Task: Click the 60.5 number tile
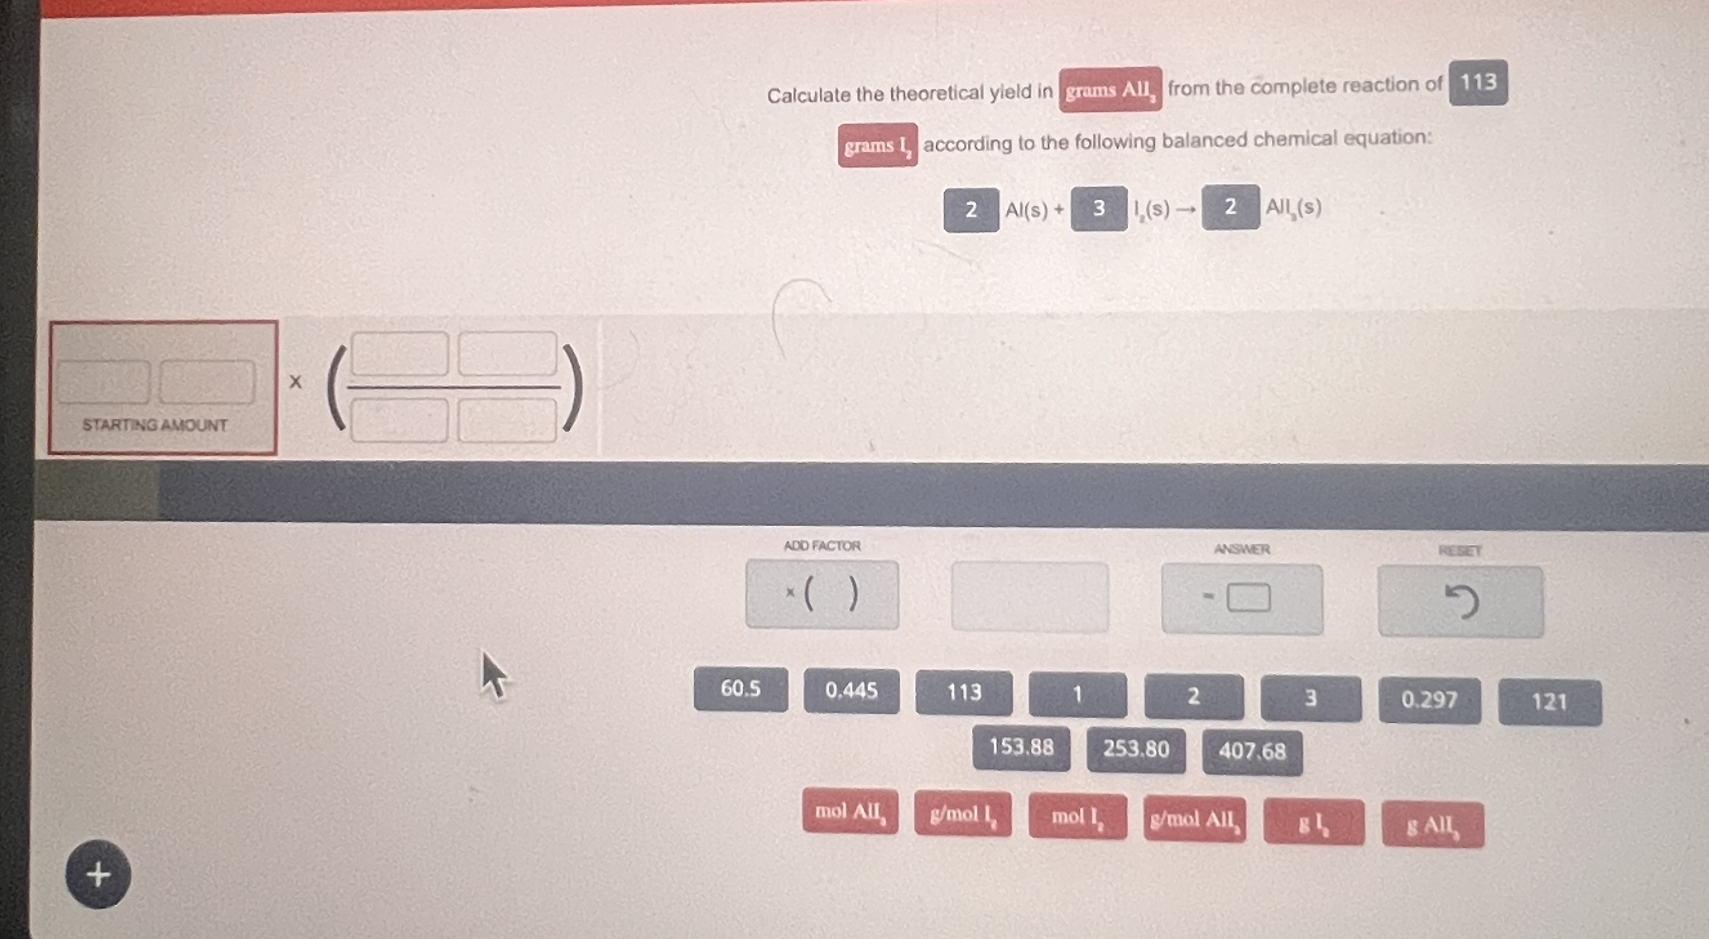[740, 690]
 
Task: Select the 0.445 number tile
[851, 692]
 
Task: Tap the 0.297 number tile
[1429, 700]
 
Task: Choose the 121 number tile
[1549, 702]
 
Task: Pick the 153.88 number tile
[1021, 748]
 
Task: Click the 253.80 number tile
[1136, 750]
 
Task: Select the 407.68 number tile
[1252, 752]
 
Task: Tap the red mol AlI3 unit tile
[850, 811]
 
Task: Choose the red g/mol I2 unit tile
[962, 814]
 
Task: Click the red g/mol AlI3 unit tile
[1194, 820]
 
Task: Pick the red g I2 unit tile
[1313, 823]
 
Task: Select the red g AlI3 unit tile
[1433, 826]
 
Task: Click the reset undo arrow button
[1460, 602]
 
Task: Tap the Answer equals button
[1241, 598]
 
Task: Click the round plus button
[98, 874]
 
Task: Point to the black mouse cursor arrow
[493, 673]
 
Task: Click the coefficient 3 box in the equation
[1099, 208]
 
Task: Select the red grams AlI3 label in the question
[1110, 90]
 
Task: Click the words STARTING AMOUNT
[155, 425]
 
